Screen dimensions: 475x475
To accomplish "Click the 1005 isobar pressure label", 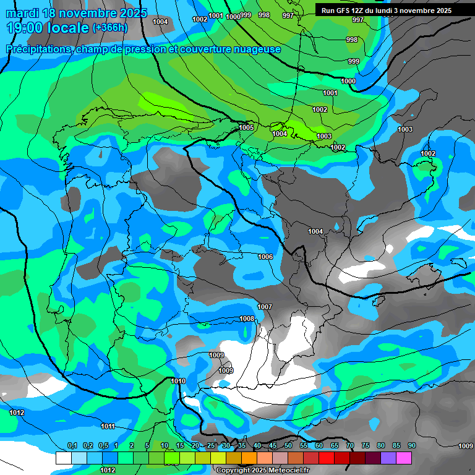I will tap(246, 128).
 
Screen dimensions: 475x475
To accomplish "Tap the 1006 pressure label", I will tap(265, 257).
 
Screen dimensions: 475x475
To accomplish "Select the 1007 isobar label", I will tap(265, 307).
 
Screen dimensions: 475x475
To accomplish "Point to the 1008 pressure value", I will tap(247, 319).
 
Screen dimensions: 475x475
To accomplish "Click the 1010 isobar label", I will tap(178, 382).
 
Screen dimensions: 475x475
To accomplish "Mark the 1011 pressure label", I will tap(108, 426).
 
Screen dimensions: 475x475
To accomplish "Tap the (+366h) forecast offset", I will tap(109, 28).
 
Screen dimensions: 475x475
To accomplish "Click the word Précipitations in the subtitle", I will tap(38, 49).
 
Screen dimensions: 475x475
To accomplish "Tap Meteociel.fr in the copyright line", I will tap(285, 471).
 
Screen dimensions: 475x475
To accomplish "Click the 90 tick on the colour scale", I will tap(411, 446).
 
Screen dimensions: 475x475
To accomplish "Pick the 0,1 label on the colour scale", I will tap(72, 446).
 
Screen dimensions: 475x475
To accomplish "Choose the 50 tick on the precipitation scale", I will tap(288, 446).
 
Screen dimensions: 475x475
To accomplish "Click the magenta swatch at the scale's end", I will tap(404, 458).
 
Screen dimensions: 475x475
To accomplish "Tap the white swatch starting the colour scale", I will tap(64, 458).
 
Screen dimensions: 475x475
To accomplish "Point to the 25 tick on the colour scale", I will tap(211, 446).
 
